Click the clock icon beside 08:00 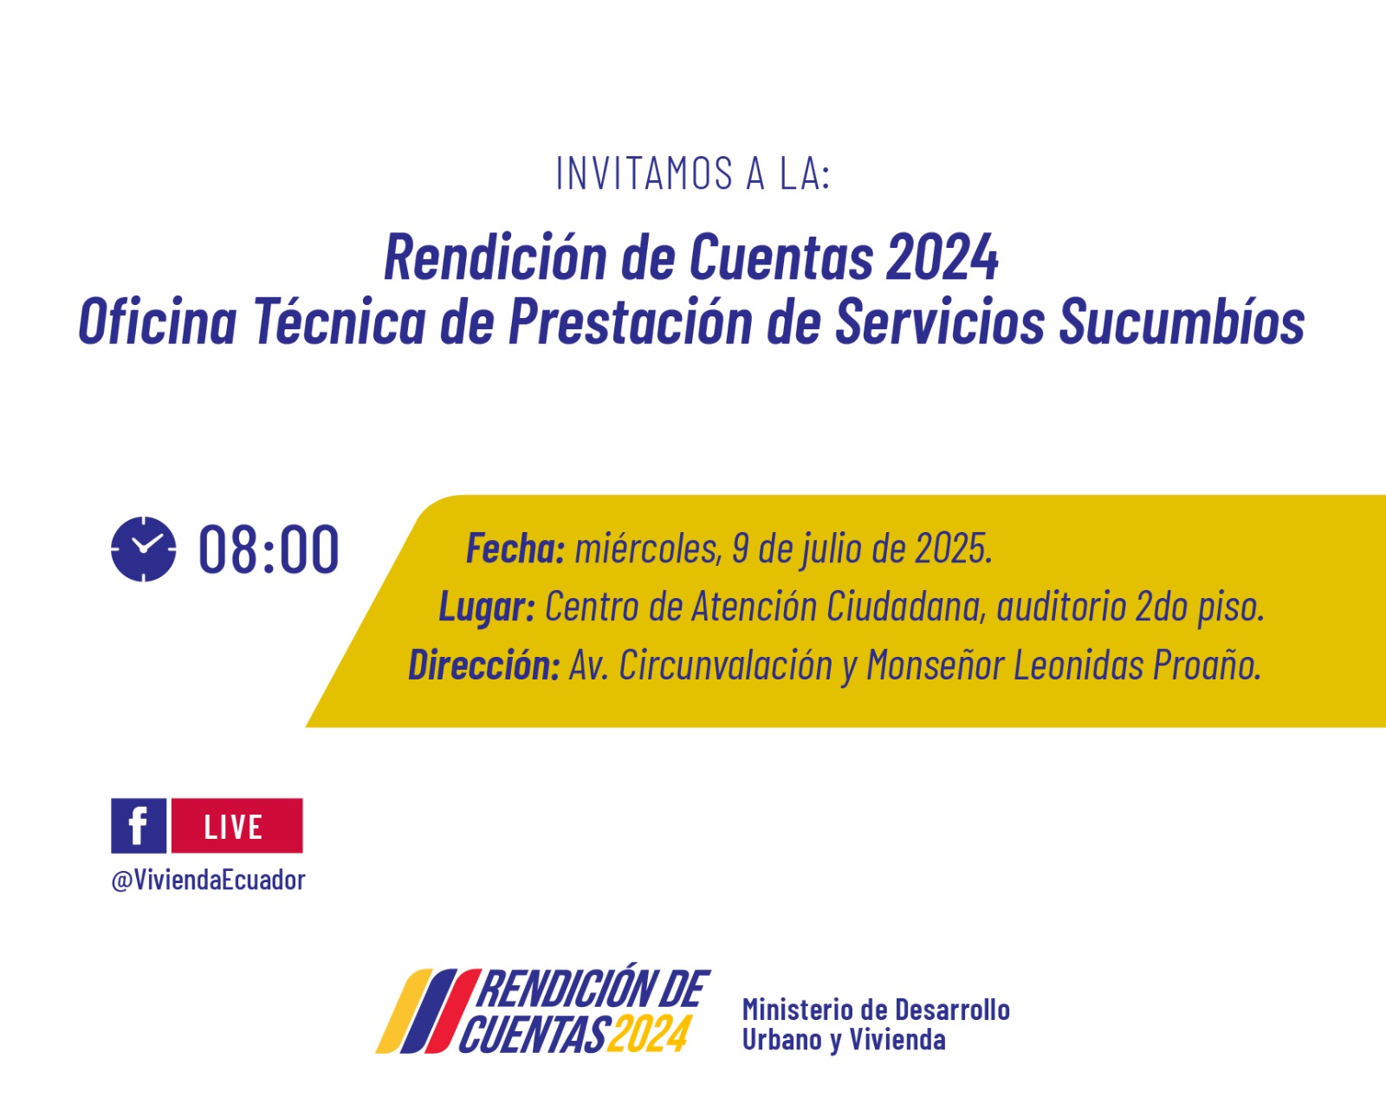pyautogui.click(x=143, y=549)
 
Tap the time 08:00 pyautogui.click(x=269, y=549)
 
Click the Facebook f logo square pyautogui.click(x=139, y=826)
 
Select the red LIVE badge pyautogui.click(x=237, y=826)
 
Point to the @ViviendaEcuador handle pyautogui.click(x=208, y=880)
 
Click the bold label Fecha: pyautogui.click(x=515, y=549)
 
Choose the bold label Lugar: pyautogui.click(x=487, y=607)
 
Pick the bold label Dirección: pyautogui.click(x=484, y=665)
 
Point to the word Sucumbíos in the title pyautogui.click(x=1182, y=322)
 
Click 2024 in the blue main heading pyautogui.click(x=942, y=257)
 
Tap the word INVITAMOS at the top pyautogui.click(x=644, y=173)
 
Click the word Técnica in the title pyautogui.click(x=340, y=321)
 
